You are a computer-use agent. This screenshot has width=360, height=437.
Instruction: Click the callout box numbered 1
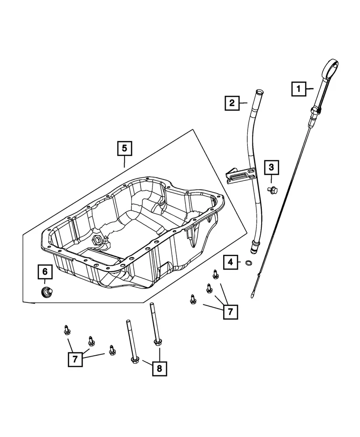pos(299,89)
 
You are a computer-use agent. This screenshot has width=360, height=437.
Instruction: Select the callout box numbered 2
pos(232,103)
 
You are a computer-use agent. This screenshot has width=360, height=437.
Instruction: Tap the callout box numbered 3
pos(271,167)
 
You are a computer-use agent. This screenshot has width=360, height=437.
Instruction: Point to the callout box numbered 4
pos(230,262)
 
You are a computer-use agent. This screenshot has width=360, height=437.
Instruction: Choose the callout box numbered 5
pos(124,148)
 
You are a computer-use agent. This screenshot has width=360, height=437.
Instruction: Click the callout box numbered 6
pos(45,271)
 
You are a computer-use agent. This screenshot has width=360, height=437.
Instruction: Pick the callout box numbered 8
pos(159,369)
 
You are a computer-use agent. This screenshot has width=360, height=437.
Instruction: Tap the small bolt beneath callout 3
pos(272,191)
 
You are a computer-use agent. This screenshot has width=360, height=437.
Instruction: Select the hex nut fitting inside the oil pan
pos(98,239)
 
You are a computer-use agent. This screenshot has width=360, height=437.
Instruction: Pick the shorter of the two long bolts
pos(132,342)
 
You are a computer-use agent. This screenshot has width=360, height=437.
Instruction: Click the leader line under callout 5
pos(124,162)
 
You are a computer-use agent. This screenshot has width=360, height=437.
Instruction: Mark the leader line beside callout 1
pos(310,89)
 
